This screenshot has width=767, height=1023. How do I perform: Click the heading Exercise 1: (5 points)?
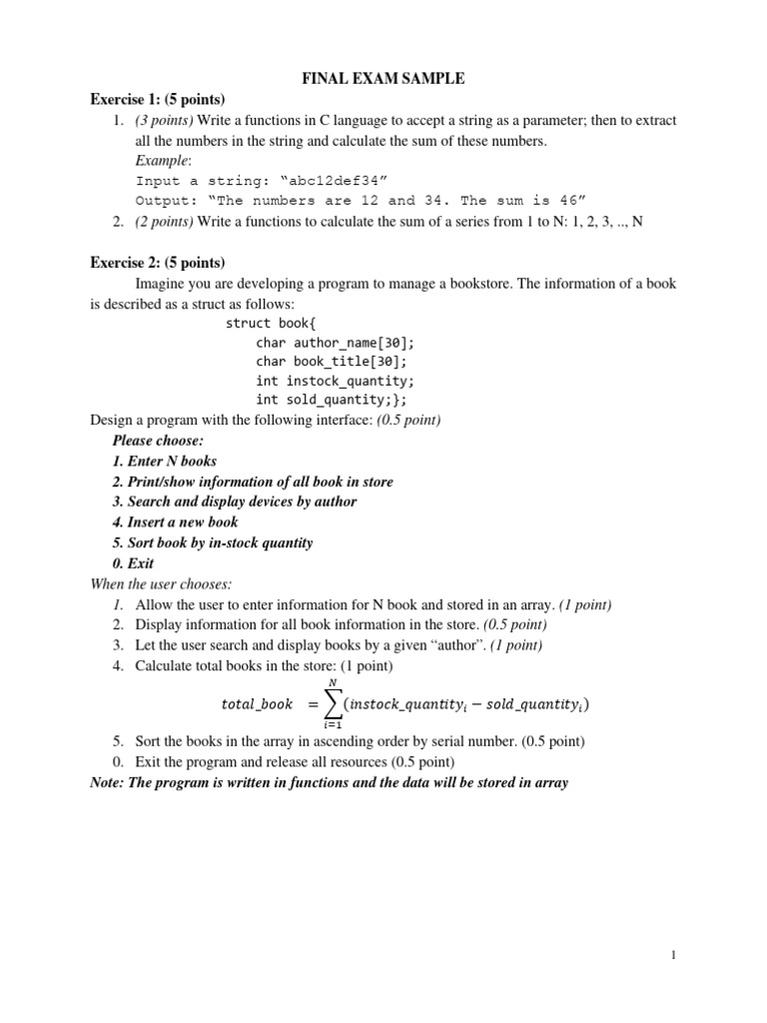click(158, 99)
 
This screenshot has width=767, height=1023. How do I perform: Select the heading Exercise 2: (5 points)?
click(158, 263)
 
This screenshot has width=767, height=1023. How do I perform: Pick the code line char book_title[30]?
click(331, 362)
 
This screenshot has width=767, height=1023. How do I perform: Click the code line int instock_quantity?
click(335, 381)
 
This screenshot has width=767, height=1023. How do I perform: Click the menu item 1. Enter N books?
click(165, 461)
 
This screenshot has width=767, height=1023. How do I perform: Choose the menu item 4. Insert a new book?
click(176, 521)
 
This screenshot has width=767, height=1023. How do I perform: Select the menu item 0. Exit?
click(133, 563)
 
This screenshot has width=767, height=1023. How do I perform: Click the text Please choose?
click(158, 441)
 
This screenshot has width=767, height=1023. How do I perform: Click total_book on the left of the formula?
click(257, 704)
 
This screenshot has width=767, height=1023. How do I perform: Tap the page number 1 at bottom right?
click(674, 956)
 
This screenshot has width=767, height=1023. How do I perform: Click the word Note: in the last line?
click(110, 782)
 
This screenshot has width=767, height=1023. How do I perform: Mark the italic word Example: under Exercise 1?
click(162, 161)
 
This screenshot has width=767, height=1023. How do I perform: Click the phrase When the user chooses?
click(161, 583)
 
